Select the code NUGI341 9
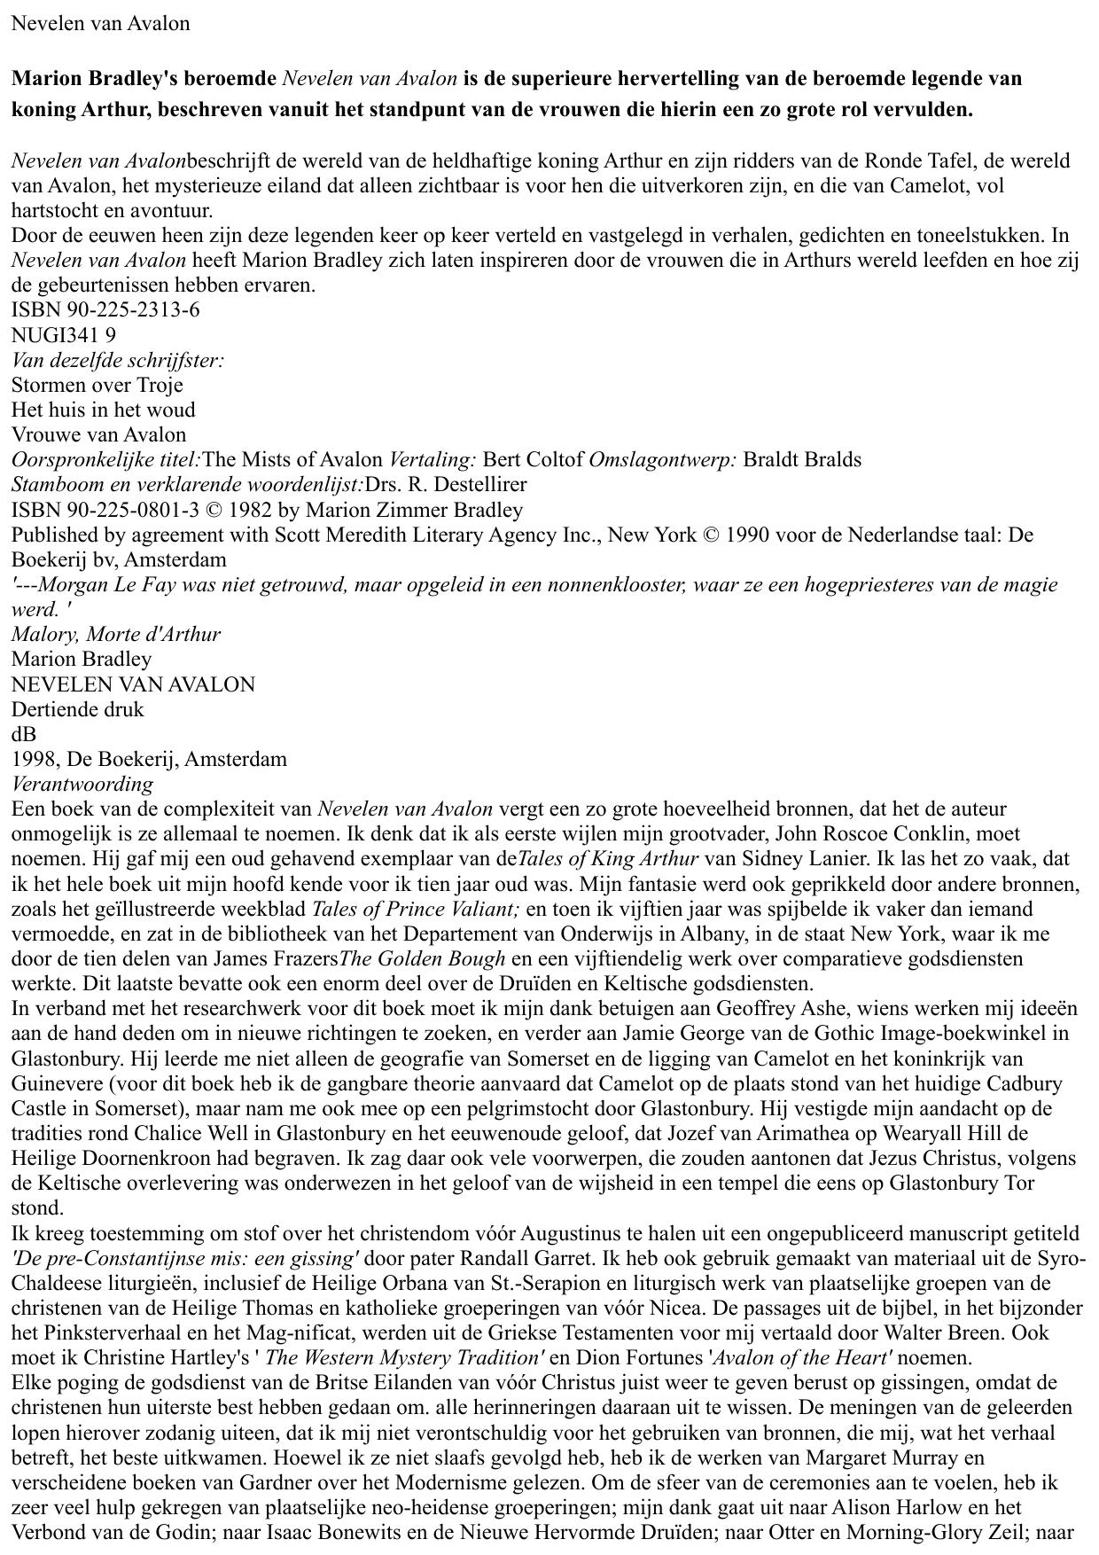(63, 335)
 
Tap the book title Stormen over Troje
(97, 385)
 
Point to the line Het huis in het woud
(103, 410)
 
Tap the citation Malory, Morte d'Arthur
(116, 634)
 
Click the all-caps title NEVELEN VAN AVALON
(133, 684)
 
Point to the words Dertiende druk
(77, 709)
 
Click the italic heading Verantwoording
(82, 784)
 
